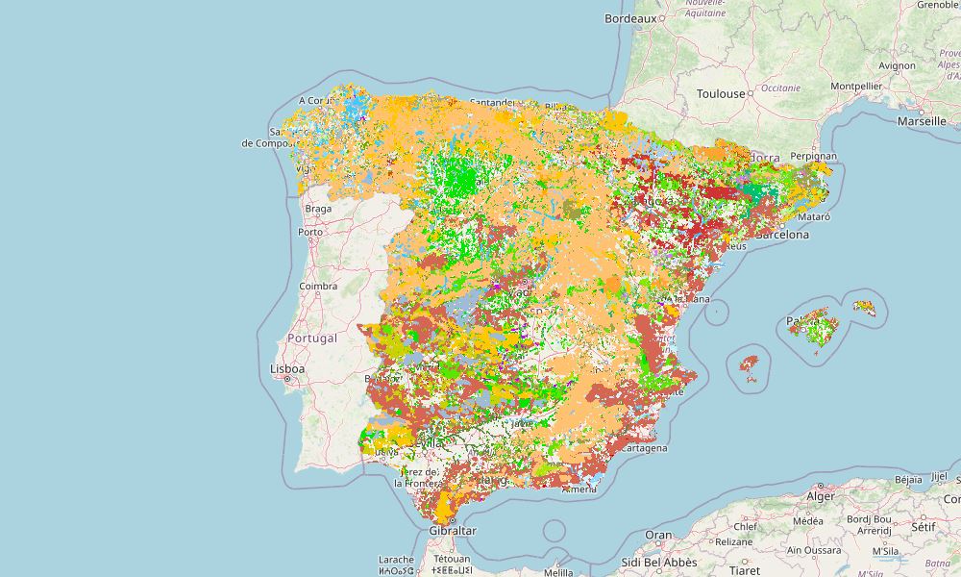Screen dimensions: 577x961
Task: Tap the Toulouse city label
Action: [721, 93]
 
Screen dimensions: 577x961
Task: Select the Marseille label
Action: [921, 122]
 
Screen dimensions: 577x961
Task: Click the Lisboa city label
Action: [287, 368]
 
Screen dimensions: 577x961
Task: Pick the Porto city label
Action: [310, 232]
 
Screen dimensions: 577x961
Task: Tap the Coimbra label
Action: [318, 286]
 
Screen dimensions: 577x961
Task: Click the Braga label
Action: [317, 208]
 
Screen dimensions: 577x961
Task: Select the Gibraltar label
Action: [453, 530]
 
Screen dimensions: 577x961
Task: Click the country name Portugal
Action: [312, 339]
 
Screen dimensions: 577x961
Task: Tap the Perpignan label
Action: [814, 156]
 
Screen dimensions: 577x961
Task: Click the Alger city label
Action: [821, 496]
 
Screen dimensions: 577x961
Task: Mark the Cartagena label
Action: [646, 448]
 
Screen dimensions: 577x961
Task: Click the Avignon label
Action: [897, 66]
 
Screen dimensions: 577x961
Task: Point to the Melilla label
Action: [558, 572]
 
